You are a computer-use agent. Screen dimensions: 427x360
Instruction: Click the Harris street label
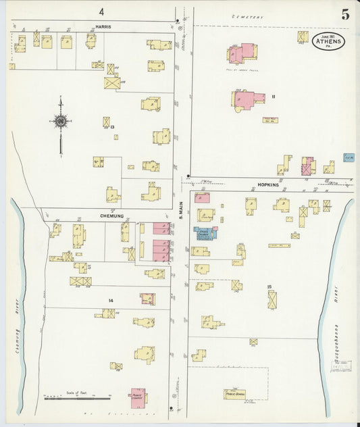coord(103,26)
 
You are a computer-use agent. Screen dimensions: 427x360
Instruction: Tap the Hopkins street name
coord(267,184)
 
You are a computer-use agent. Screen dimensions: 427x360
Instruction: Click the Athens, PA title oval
coord(328,41)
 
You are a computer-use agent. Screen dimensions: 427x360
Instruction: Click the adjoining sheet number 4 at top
coord(101,11)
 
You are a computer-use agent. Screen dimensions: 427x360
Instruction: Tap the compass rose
coord(61,122)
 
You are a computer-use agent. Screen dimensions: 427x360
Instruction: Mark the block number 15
coord(269,288)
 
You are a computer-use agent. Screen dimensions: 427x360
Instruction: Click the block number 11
coord(274,97)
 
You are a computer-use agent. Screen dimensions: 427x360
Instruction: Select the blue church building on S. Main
coord(205,234)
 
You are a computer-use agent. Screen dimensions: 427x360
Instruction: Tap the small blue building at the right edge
coord(349,157)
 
